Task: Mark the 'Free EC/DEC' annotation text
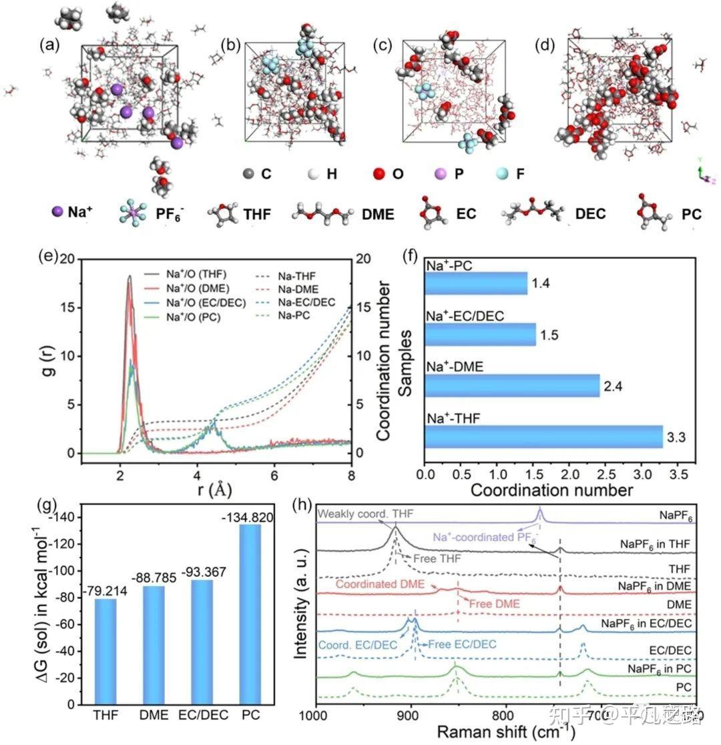tap(461, 644)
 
